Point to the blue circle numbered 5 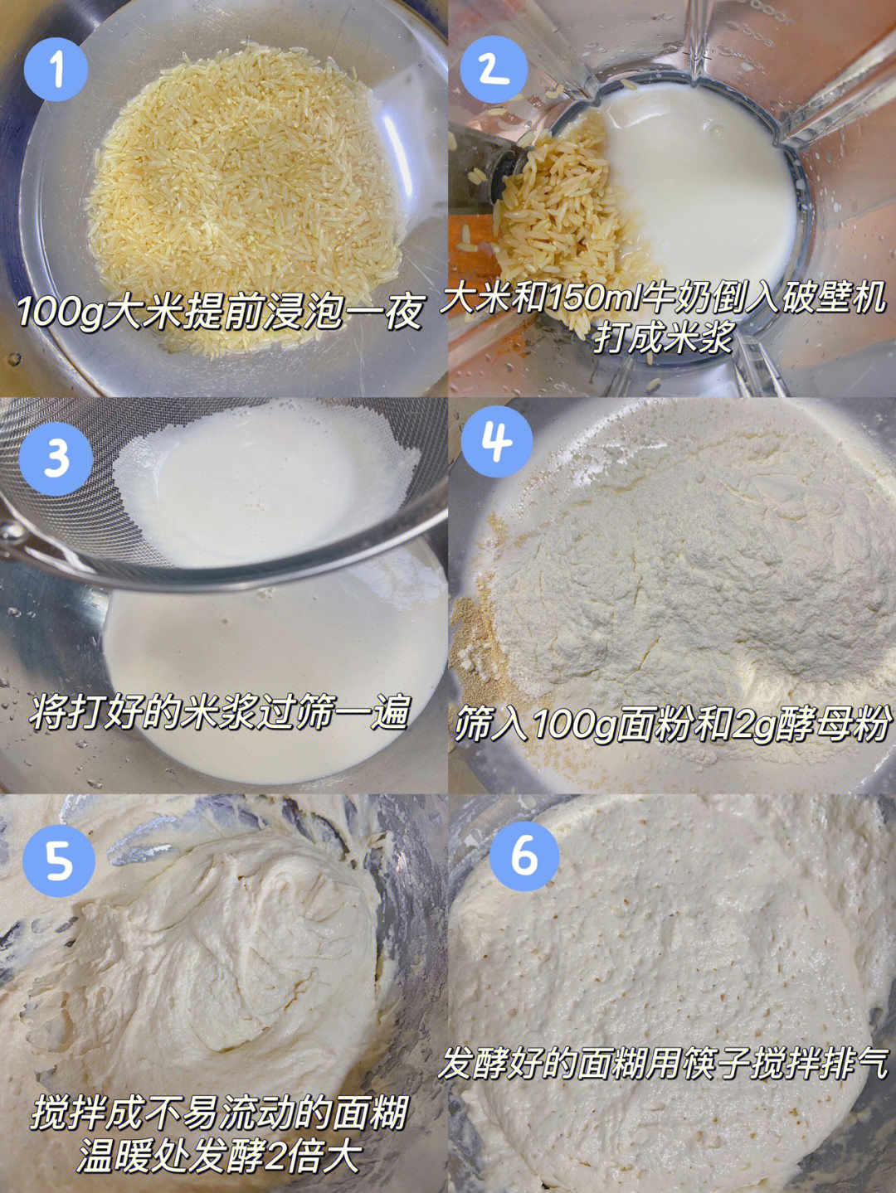pyautogui.click(x=59, y=860)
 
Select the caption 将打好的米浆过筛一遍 pyautogui.click(x=218, y=711)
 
